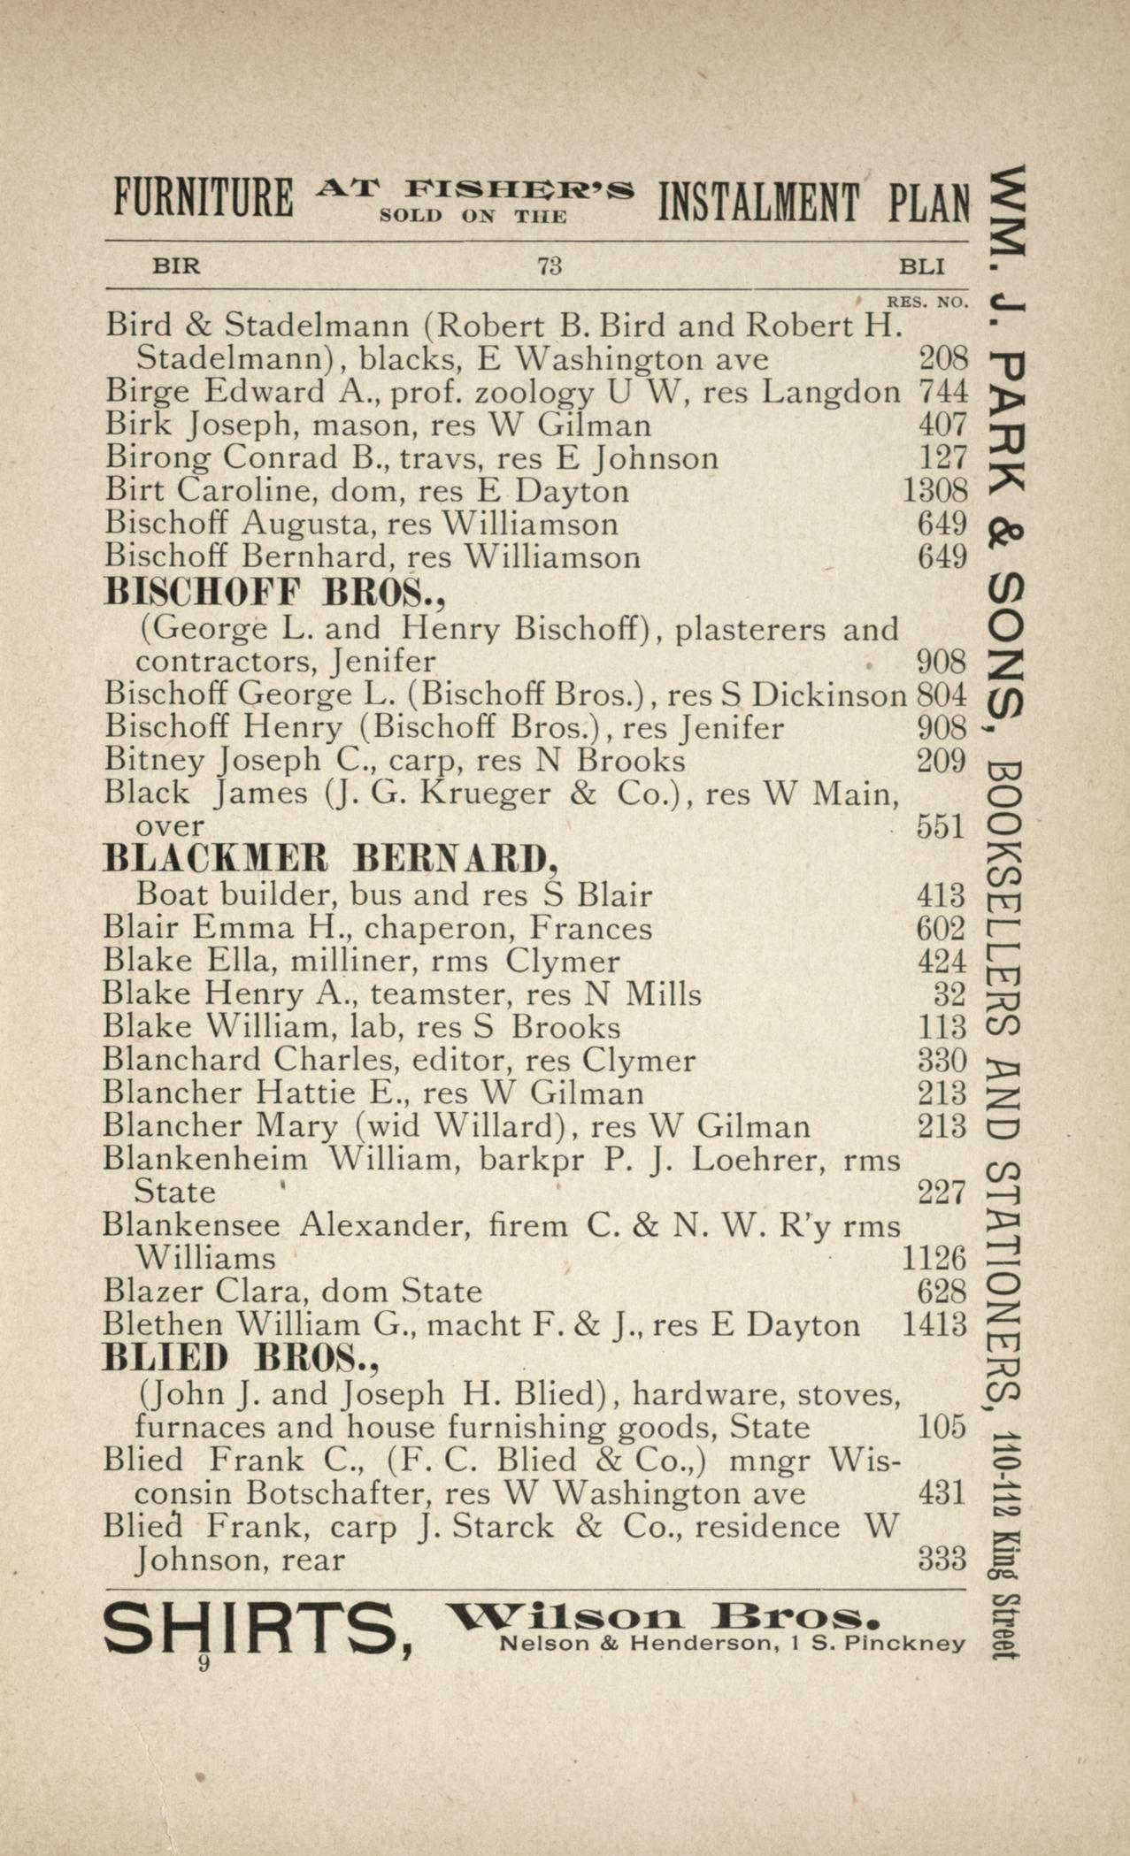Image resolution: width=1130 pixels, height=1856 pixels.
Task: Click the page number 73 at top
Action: [550, 265]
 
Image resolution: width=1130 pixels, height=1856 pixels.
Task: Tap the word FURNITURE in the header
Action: [204, 200]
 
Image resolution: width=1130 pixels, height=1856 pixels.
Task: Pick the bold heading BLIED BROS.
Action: [241, 1357]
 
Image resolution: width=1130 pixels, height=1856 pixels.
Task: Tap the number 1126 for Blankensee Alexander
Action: [933, 1258]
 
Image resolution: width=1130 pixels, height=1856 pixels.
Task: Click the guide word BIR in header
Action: [176, 265]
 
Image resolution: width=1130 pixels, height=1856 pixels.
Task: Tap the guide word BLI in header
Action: [921, 265]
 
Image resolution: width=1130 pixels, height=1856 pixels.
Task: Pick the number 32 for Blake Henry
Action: [949, 994]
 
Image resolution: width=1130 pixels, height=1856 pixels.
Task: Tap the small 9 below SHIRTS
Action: [204, 1664]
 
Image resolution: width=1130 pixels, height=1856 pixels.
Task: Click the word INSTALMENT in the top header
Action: [757, 202]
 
